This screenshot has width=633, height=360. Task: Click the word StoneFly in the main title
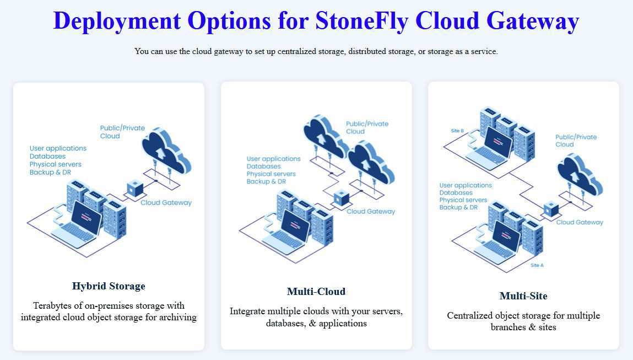(x=361, y=20)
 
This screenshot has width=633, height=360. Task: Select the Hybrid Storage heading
(x=109, y=286)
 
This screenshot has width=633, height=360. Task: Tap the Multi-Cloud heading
(x=316, y=291)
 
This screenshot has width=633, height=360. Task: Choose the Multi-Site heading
(x=523, y=295)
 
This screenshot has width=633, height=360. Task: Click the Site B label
(x=457, y=131)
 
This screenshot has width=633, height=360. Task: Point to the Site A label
(x=537, y=266)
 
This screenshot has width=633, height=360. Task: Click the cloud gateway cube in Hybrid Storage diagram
(x=135, y=189)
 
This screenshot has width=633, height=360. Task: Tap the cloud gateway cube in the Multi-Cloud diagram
(x=341, y=197)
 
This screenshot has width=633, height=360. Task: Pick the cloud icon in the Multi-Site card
(x=580, y=175)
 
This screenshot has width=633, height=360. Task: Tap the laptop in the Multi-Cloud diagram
(x=287, y=232)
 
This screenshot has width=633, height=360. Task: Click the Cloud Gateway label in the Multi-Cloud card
(x=371, y=211)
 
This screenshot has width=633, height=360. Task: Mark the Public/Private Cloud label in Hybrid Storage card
(x=122, y=132)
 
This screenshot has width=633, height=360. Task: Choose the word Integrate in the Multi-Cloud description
(x=247, y=311)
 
